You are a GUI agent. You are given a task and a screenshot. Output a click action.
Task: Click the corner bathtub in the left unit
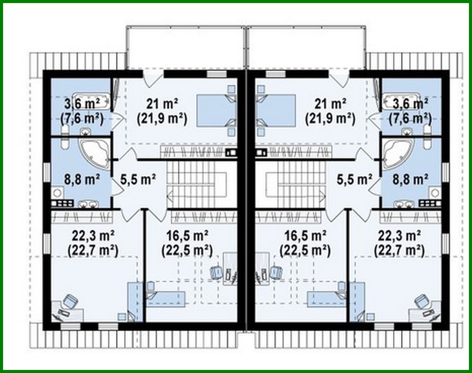coord(93,153)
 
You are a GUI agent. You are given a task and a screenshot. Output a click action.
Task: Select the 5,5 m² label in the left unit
coord(138,179)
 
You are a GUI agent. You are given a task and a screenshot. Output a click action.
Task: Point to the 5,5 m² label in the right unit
coord(354,179)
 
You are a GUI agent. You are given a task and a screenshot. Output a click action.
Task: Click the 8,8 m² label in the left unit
coord(82,179)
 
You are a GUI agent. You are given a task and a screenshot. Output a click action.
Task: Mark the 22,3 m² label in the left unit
coord(93,235)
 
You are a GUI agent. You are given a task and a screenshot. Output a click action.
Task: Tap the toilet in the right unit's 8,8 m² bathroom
coord(427,143)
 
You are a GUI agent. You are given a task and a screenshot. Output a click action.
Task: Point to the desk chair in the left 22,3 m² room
coord(70,300)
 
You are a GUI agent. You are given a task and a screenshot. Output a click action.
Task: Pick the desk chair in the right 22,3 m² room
coord(422,300)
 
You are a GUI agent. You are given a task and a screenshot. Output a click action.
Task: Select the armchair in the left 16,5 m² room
coord(216,272)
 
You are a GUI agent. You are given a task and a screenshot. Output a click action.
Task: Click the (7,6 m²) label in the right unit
coord(410,119)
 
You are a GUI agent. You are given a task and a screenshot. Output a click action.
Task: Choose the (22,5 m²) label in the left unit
coord(187,250)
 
